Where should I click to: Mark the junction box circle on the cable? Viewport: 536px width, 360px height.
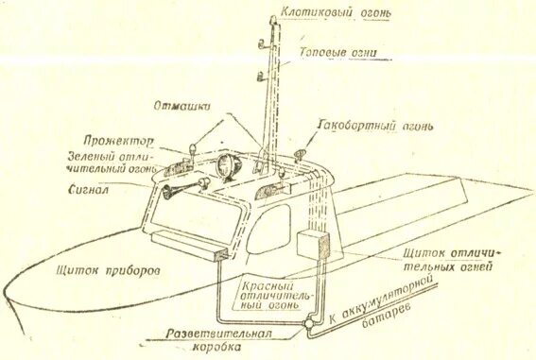coord(308,327)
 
